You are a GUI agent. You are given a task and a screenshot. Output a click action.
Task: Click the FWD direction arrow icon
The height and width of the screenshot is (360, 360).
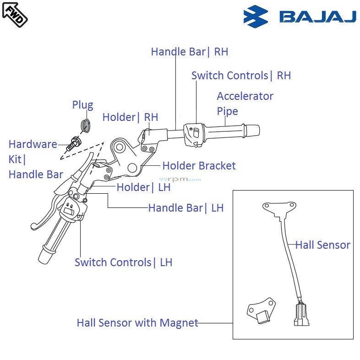[x=15, y=14]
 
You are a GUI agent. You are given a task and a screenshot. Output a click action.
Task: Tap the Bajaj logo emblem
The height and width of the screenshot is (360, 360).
[x=256, y=17]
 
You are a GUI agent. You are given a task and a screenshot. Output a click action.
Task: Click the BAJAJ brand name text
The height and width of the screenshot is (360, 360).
[x=317, y=17]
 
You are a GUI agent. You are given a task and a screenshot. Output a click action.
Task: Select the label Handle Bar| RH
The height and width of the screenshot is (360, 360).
[x=189, y=52]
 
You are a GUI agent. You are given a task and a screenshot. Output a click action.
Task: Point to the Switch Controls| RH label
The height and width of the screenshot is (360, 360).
[x=241, y=76]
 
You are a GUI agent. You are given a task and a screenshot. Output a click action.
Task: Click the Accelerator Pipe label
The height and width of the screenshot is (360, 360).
[x=245, y=104]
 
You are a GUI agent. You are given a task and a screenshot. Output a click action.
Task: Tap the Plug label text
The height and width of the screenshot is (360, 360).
[x=82, y=105]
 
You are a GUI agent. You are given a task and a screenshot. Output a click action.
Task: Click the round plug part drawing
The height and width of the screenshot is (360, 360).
[x=85, y=125]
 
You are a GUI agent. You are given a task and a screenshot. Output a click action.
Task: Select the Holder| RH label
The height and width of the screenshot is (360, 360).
[x=130, y=117]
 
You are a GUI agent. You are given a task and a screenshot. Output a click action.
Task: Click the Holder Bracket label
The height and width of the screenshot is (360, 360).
[x=199, y=166]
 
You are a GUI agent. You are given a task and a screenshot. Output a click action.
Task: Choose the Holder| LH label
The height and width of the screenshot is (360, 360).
[x=143, y=187]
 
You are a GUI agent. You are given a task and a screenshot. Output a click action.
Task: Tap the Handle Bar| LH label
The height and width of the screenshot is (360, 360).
[x=185, y=208]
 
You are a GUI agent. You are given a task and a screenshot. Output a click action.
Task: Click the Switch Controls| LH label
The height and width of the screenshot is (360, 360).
[x=123, y=262]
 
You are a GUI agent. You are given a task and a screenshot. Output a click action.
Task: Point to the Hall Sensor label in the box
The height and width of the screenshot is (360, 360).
[x=322, y=245]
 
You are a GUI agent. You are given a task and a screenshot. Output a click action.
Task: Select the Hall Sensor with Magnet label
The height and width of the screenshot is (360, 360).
[x=137, y=323]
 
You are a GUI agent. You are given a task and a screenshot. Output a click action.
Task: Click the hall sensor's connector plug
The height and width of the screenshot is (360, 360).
[x=301, y=315]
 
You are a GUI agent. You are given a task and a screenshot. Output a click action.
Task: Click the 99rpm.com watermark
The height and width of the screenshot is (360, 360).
[x=180, y=180]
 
